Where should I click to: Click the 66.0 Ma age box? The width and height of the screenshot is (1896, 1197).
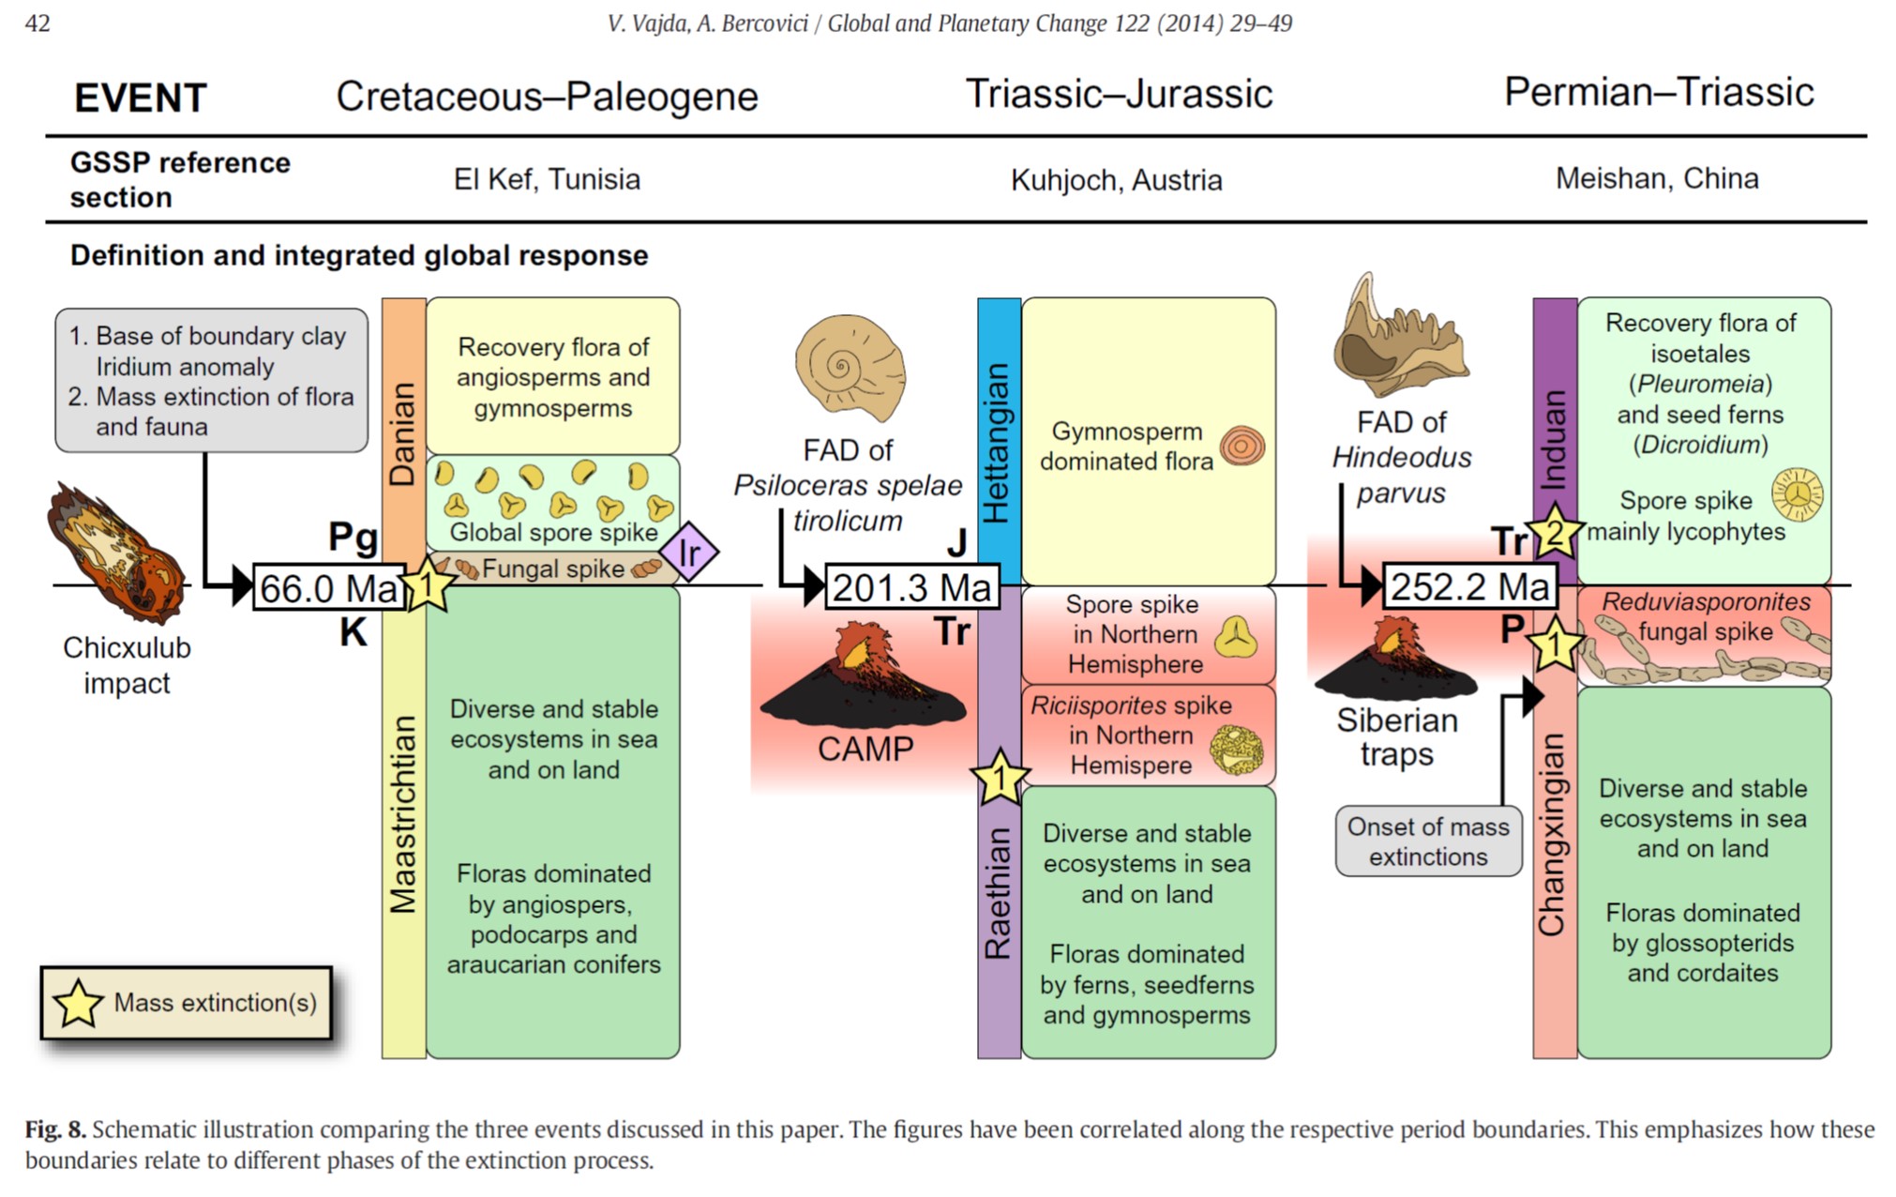tap(329, 588)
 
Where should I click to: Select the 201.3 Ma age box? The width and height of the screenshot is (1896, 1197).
tap(911, 587)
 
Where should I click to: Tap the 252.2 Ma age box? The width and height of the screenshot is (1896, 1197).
tap(1469, 586)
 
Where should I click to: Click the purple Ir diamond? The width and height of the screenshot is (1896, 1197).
tap(689, 553)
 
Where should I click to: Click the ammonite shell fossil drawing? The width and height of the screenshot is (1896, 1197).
tap(850, 367)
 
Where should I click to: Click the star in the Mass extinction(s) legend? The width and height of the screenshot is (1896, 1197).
tap(78, 1003)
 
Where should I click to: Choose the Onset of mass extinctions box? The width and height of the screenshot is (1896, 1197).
tap(1428, 841)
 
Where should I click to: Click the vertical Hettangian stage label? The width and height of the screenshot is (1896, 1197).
tap(998, 442)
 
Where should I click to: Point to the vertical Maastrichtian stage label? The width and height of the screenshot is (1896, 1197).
tap(403, 814)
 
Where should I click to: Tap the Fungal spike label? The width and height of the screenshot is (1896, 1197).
tap(552, 568)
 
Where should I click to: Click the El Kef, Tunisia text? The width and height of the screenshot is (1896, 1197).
tap(547, 179)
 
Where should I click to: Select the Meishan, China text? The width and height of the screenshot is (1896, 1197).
tap(1657, 178)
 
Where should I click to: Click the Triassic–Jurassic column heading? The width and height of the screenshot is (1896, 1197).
tap(1119, 94)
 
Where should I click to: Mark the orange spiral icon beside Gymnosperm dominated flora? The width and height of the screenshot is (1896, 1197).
tap(1241, 447)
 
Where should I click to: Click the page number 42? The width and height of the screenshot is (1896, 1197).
tap(38, 23)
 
